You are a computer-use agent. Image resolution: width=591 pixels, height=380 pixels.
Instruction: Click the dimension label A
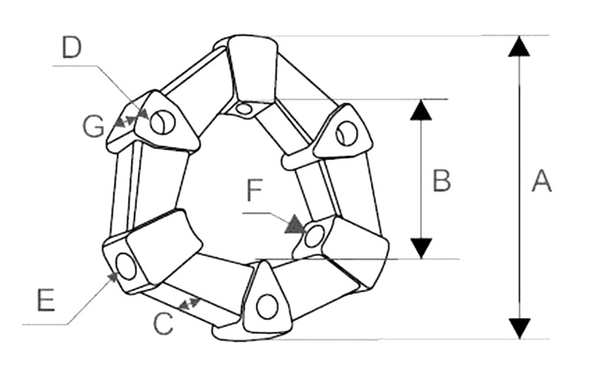tap(542, 181)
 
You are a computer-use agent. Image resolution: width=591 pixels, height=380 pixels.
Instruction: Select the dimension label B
tap(442, 180)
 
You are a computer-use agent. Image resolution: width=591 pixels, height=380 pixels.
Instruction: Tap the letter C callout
tap(163, 324)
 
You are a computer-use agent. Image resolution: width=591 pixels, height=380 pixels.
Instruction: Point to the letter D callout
tap(72, 47)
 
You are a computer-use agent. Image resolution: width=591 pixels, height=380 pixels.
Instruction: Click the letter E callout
tap(46, 300)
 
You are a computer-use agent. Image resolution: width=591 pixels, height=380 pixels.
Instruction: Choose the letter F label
tap(254, 190)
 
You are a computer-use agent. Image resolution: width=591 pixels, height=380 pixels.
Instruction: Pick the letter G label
tap(93, 126)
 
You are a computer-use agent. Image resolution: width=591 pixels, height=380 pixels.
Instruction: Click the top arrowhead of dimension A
tap(519, 46)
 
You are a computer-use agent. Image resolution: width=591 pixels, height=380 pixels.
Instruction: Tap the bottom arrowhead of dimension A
tap(520, 329)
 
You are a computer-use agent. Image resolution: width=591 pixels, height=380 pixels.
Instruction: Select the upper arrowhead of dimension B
tap(421, 110)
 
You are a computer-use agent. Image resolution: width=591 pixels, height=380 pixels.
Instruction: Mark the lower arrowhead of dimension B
tap(421, 249)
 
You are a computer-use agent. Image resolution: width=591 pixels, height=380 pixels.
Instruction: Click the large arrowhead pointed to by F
tap(295, 224)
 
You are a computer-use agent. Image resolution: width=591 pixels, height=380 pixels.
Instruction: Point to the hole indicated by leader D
tap(163, 122)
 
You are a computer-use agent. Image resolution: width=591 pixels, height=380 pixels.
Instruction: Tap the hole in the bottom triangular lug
tap(267, 306)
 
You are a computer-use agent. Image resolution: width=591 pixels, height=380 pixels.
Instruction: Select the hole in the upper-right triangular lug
tap(346, 133)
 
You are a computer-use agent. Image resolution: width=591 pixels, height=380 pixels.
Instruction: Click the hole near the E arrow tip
tap(126, 267)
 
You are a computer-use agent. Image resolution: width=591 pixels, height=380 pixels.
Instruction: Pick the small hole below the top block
tap(244, 110)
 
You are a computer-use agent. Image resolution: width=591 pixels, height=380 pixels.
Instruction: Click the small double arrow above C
tap(190, 304)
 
